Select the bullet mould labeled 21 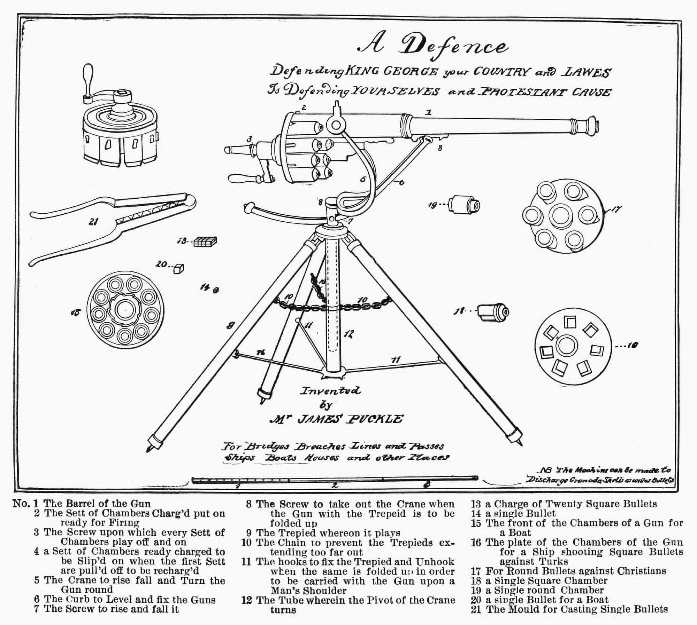(x=112, y=226)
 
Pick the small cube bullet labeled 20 (x=179, y=269)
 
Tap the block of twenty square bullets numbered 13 (x=205, y=241)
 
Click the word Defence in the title (x=455, y=47)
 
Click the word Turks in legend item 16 (x=551, y=561)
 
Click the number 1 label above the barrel (x=429, y=112)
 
